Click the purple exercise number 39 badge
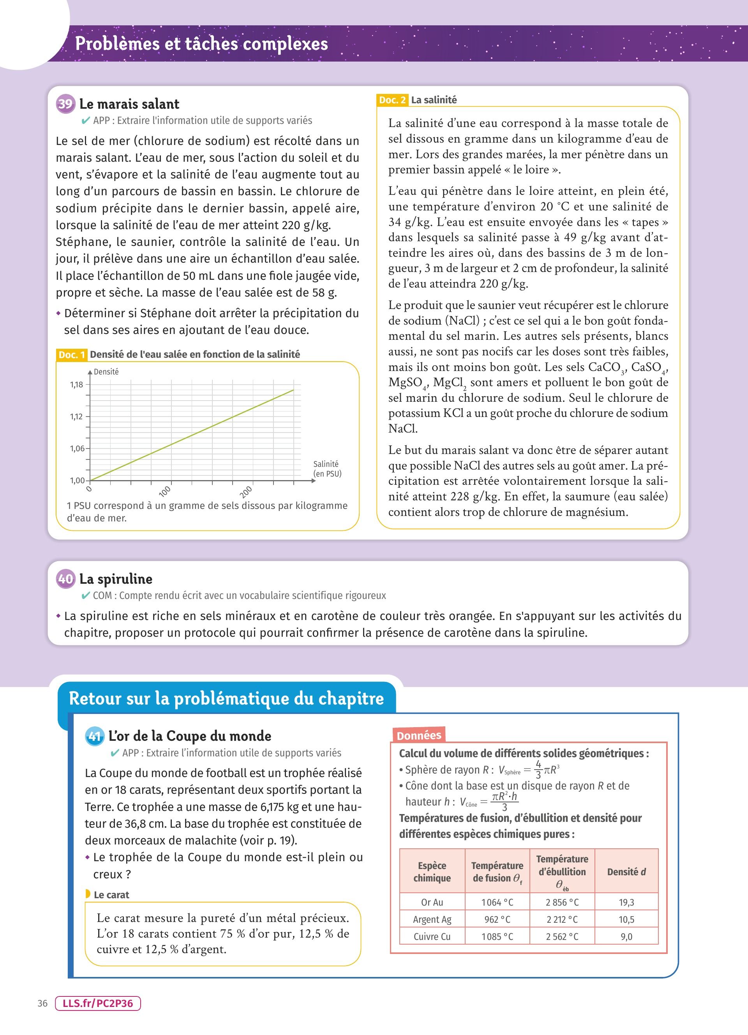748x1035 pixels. (66, 104)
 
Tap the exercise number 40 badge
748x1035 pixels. (66, 579)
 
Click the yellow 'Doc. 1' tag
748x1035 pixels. (72, 355)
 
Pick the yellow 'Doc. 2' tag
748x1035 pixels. (392, 100)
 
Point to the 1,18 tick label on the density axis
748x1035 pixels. (77, 385)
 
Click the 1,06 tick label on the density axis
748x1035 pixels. (77, 449)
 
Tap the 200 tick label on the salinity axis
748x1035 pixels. (246, 492)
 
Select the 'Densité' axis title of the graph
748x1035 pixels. (106, 372)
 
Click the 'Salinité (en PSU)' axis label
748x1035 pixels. (327, 469)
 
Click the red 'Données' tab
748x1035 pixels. (419, 735)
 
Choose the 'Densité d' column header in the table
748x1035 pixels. (626, 872)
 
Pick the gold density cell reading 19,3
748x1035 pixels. (626, 902)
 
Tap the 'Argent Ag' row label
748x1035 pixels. (432, 920)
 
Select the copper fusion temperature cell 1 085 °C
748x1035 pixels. (497, 936)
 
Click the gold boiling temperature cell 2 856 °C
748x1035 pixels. (562, 902)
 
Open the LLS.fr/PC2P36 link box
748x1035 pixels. (98, 1003)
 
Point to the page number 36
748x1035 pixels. (42, 1003)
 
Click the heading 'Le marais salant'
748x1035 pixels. (129, 104)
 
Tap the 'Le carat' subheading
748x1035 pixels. (111, 894)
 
